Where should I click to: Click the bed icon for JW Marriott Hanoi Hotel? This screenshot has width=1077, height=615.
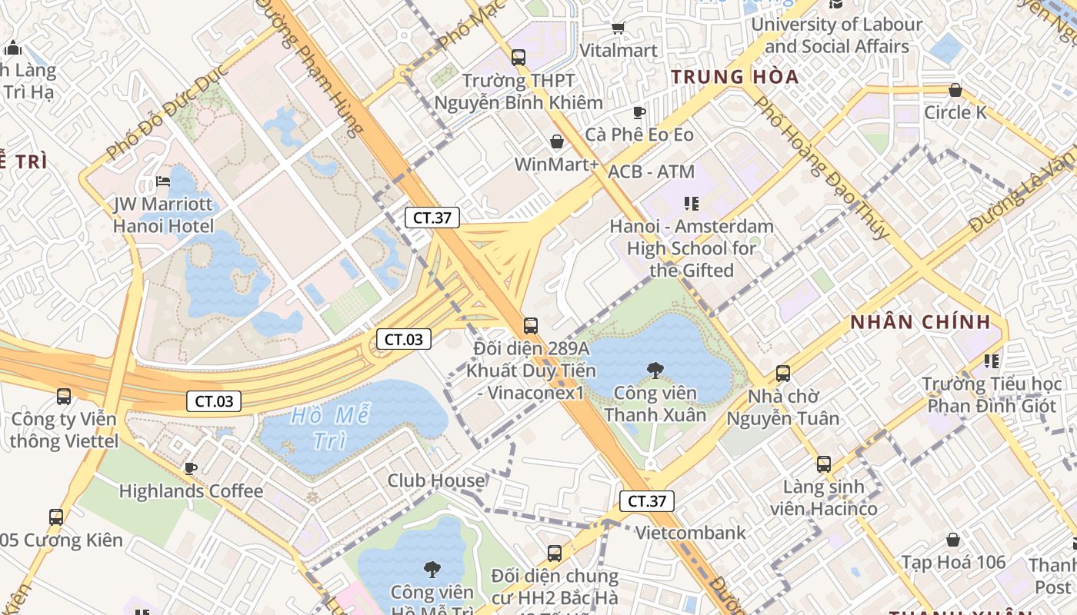click(163, 182)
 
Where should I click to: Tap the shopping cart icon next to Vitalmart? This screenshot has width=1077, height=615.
click(617, 28)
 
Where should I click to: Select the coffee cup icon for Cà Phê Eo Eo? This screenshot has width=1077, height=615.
click(639, 113)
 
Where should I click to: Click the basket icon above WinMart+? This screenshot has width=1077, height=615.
click(557, 142)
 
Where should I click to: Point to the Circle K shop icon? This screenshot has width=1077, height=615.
click(955, 91)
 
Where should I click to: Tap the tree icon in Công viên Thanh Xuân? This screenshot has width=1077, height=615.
click(655, 371)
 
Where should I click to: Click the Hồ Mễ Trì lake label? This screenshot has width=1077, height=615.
click(331, 428)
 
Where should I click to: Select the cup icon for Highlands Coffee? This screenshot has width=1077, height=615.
click(191, 468)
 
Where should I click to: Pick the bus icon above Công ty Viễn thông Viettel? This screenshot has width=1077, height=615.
click(64, 397)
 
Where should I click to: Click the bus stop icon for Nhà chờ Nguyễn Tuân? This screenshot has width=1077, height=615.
click(783, 374)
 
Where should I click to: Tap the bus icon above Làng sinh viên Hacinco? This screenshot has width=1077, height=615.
click(824, 464)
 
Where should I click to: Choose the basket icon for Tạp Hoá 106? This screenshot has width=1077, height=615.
click(953, 540)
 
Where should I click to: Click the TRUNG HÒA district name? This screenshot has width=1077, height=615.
click(735, 77)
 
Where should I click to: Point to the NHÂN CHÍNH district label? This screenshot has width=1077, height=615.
click(919, 322)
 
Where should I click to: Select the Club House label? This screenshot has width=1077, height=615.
click(436, 480)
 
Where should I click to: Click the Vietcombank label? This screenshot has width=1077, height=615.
click(690, 533)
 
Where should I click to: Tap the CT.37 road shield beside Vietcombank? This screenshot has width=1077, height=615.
click(647, 501)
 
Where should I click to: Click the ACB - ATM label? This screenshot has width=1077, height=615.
click(651, 171)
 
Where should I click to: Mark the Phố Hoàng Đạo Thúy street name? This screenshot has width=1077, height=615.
click(822, 167)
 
